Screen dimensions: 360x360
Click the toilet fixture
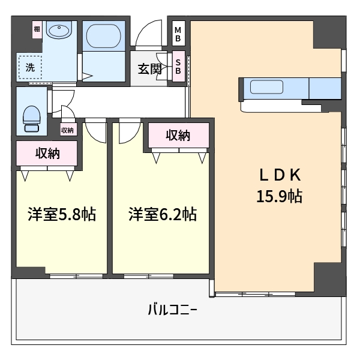pos(32,118)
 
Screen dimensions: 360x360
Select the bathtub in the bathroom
pos(104,36)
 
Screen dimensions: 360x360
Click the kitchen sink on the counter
pos(266,87)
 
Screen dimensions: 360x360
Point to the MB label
pos(178,34)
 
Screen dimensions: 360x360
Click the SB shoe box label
pos(178,67)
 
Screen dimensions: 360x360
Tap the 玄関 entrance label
pos(149,68)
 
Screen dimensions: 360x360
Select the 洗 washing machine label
pos(30,67)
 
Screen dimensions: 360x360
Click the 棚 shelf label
pos(37,29)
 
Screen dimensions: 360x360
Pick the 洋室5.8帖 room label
pos(62,214)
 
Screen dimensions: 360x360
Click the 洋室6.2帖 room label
pos(163,214)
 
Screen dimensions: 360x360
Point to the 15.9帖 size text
pos(279,196)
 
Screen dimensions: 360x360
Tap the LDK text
pos(280,175)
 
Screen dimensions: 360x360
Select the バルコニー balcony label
pos(172,310)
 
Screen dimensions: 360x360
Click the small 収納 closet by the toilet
pos(67,130)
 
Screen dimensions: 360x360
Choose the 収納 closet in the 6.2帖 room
pos(178,135)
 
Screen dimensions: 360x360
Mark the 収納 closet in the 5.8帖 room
pos(47,154)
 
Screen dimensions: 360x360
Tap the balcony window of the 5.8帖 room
pos(76,276)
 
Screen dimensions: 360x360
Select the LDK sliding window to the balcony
pos(256,294)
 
